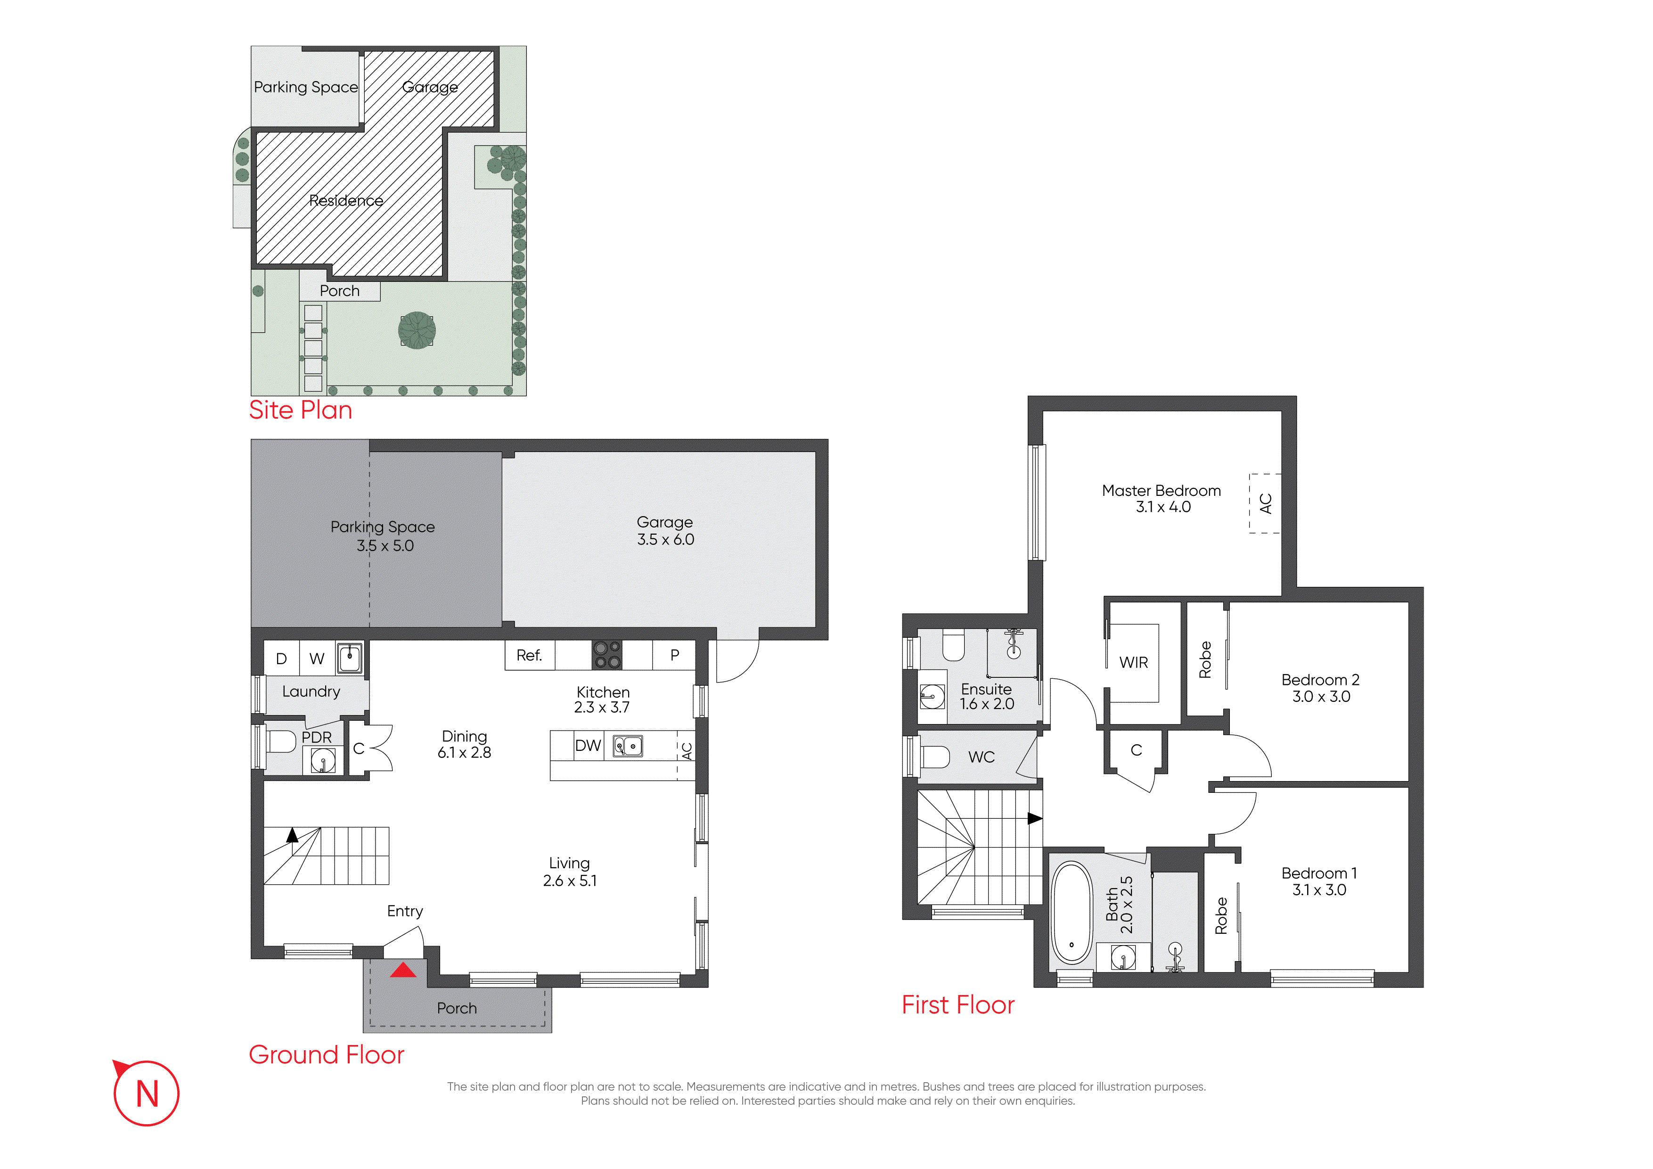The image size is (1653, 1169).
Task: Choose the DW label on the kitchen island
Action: coord(588,746)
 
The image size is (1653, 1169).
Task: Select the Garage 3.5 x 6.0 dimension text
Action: coord(665,539)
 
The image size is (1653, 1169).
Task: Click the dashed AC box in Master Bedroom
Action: coord(1265,503)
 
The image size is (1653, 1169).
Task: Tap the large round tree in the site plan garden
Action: coord(417,330)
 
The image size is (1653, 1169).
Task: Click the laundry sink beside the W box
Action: coord(350,658)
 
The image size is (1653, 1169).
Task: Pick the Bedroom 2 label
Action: coord(1320,680)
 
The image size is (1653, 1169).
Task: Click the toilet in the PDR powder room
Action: coord(281,741)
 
